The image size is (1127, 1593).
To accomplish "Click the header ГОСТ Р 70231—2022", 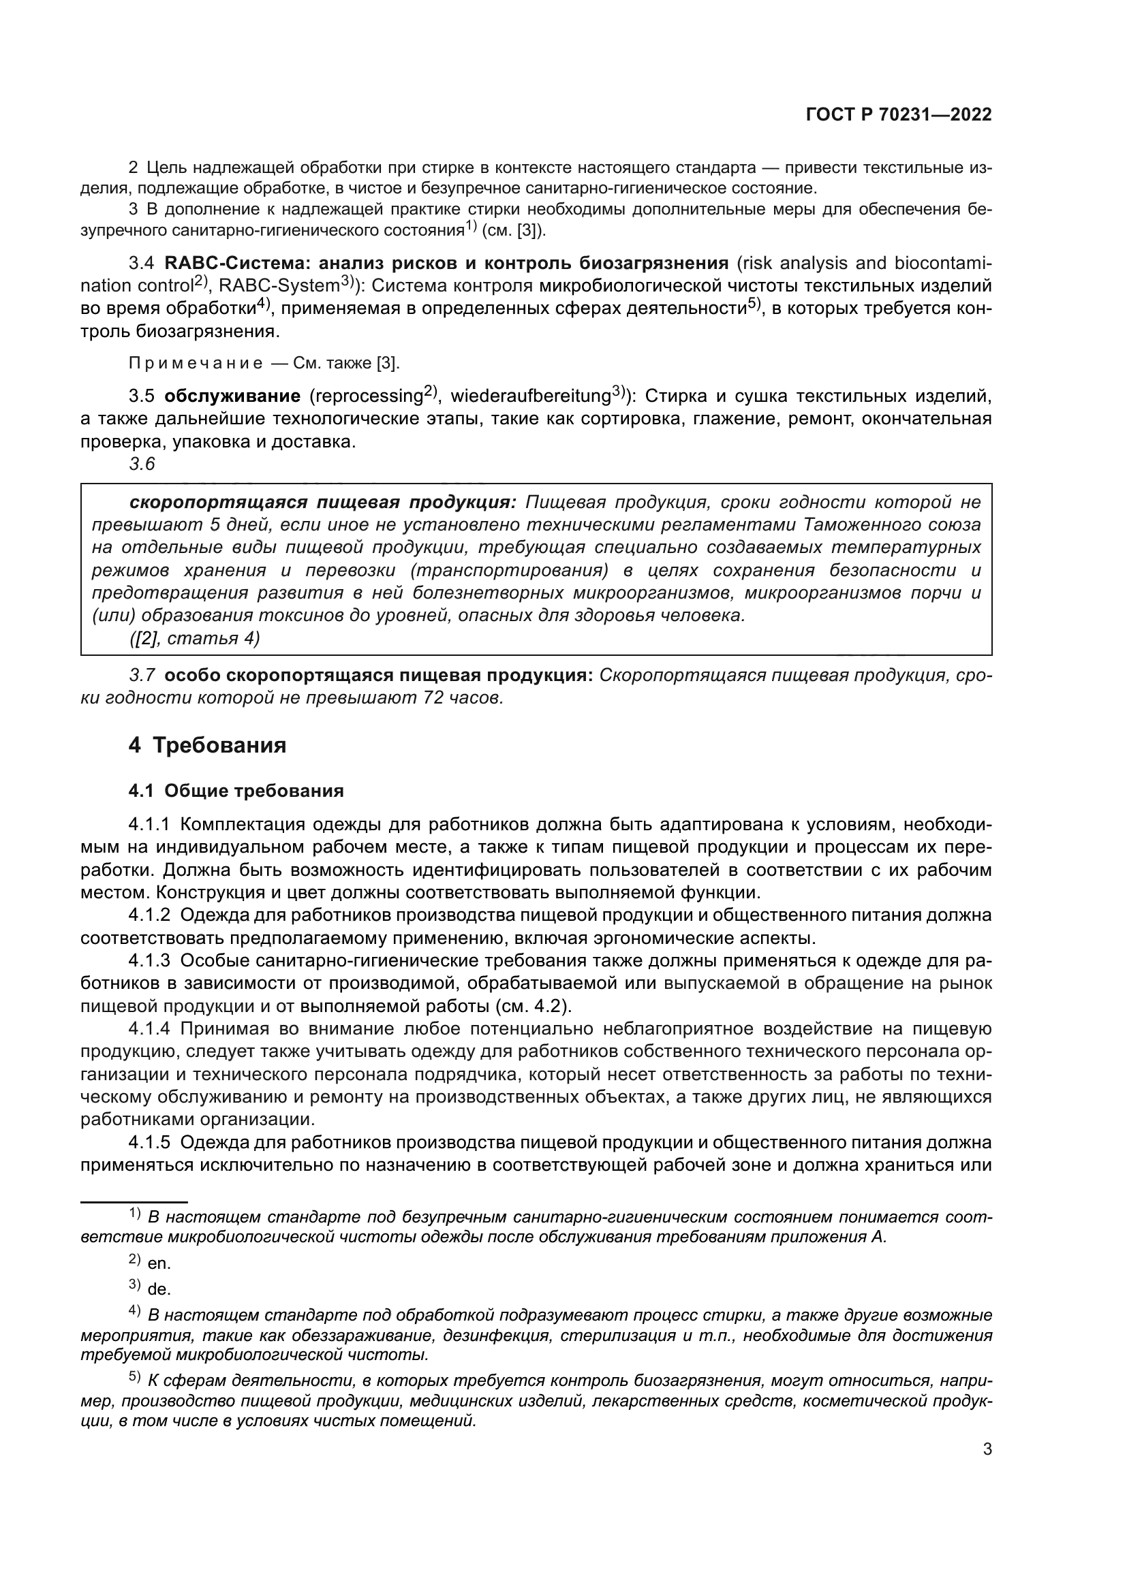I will click(x=898, y=114).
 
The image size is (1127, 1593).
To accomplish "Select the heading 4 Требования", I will click(x=208, y=746).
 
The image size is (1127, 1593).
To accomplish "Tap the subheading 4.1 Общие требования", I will click(x=236, y=791).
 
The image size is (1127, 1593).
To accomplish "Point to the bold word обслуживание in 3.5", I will click(x=232, y=396).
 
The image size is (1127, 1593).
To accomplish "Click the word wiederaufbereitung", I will click(x=530, y=396).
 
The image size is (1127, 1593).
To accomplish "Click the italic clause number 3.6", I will click(x=142, y=464).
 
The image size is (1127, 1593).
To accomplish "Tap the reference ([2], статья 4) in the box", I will click(x=194, y=638).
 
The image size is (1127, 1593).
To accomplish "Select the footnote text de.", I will click(x=159, y=1290).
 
